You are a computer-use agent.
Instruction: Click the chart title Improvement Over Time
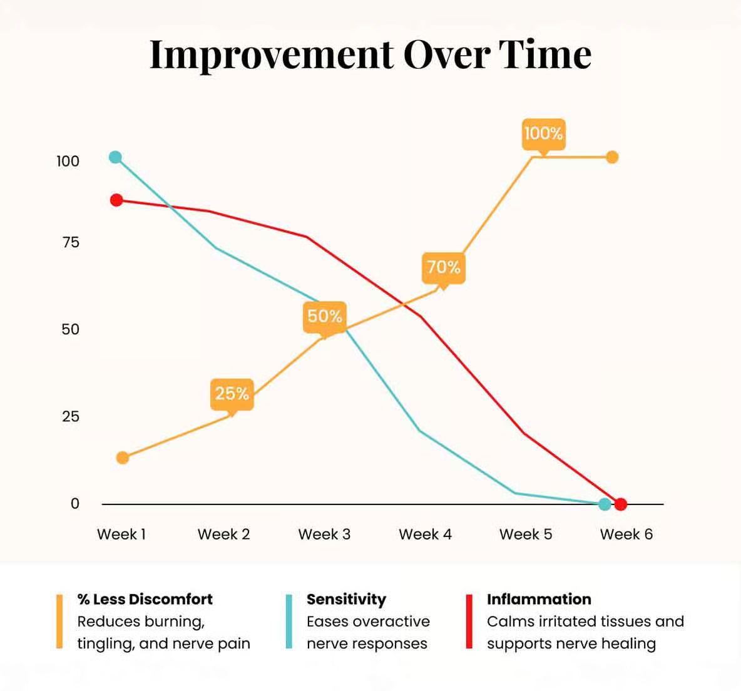click(x=370, y=54)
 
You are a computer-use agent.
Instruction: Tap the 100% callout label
click(x=543, y=133)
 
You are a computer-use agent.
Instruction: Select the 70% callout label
click(x=443, y=267)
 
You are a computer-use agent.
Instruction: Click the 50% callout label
click(x=324, y=316)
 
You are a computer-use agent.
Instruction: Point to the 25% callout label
click(x=232, y=393)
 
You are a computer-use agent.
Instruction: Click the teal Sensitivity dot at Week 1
click(x=115, y=157)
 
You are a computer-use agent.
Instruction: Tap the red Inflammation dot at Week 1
click(x=116, y=200)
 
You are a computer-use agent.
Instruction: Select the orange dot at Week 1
click(x=123, y=458)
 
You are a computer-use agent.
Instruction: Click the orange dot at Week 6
click(x=612, y=157)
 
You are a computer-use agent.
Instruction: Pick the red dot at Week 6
click(x=621, y=504)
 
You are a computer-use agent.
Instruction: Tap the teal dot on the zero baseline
click(x=605, y=504)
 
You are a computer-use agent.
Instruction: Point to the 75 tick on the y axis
click(x=71, y=243)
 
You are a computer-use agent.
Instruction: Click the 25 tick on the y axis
click(x=71, y=417)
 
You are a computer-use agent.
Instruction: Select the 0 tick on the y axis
click(x=75, y=504)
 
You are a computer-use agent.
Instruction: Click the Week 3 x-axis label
click(x=324, y=535)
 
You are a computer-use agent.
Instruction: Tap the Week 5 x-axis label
click(x=526, y=535)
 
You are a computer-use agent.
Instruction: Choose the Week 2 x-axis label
click(x=223, y=535)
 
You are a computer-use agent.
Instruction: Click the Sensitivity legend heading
click(x=346, y=600)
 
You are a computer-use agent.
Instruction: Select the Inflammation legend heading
click(x=539, y=600)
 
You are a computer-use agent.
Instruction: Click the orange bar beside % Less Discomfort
click(x=59, y=621)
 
